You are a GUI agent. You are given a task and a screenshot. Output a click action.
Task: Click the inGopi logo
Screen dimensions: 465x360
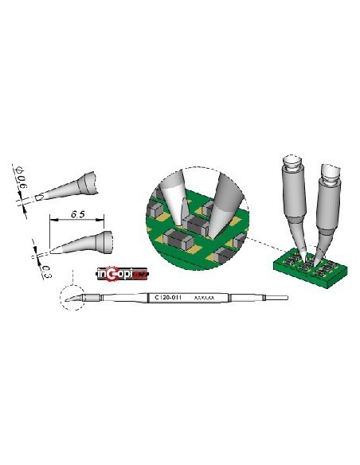[121, 275]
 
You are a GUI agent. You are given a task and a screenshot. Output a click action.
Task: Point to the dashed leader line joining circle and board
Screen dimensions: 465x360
[263, 242]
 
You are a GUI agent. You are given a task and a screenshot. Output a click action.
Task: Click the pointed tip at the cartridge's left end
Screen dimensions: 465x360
[73, 299]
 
